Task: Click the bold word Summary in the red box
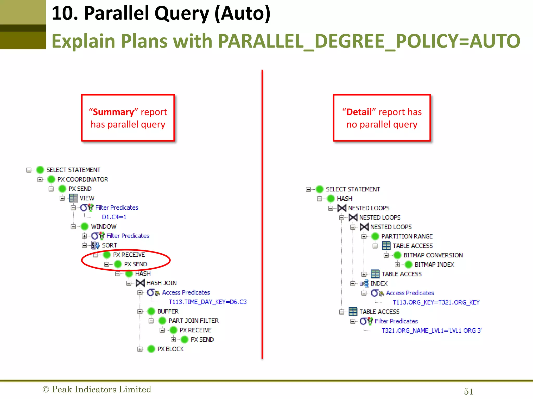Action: pos(113,112)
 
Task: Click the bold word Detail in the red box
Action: pos(359,112)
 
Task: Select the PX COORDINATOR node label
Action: pos(83,179)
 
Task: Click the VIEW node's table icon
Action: pos(73,198)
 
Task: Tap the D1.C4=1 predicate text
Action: pos(114,217)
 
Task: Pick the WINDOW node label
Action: pos(104,227)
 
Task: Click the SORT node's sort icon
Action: pos(96,245)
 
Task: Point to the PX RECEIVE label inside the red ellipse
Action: pos(129,255)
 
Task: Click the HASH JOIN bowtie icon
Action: pos(140,283)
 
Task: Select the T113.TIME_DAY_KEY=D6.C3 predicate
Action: pos(207,302)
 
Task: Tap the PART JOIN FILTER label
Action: pos(193,321)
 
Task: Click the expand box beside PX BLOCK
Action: pos(140,349)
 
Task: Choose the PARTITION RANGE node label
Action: pos(407,236)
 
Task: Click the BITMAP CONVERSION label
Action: pos(433,255)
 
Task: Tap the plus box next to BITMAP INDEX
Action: pos(397,265)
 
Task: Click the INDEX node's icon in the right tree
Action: pos(364,283)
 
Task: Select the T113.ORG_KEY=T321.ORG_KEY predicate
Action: pos(436,302)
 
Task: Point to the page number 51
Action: pos(468,391)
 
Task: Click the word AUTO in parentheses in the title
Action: pos(242,14)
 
